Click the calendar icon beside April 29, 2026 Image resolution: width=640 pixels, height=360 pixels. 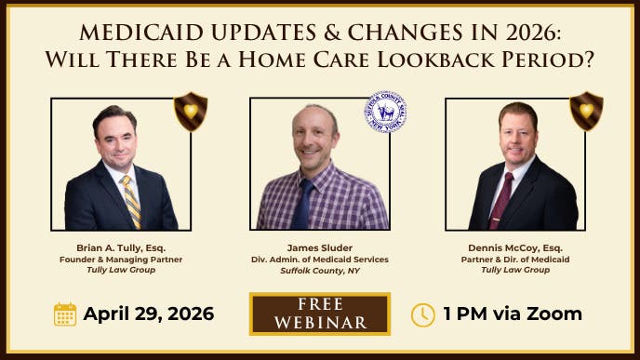(64, 313)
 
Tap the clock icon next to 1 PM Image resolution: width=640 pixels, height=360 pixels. (422, 313)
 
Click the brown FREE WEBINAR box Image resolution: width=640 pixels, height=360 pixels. (319, 313)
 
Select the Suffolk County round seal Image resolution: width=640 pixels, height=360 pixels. (385, 112)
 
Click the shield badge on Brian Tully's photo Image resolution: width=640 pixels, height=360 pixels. (191, 111)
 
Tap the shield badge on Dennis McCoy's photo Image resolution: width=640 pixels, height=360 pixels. (586, 111)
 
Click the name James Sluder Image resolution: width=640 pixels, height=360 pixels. (320, 248)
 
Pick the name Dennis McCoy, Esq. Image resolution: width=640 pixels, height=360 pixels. (516, 248)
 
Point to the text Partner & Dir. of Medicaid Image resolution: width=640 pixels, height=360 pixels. (516, 260)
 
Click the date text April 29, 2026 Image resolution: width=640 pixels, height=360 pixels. (148, 313)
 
